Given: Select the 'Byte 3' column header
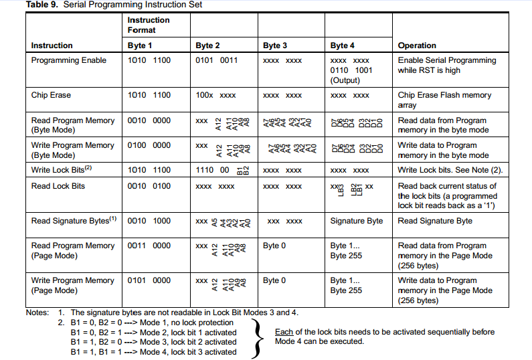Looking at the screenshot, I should [x=276, y=46].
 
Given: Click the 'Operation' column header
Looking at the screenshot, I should [x=417, y=46].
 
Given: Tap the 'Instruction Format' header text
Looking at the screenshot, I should [x=149, y=25].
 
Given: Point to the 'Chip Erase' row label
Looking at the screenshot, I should [x=51, y=95].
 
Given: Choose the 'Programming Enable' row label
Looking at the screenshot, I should [x=69, y=60].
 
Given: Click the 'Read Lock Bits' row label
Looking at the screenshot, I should [x=58, y=186].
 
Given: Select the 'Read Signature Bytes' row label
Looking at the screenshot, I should [x=74, y=220].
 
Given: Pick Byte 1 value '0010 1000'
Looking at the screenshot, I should [x=149, y=221].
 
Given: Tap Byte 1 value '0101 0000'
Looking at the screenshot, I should [x=149, y=280].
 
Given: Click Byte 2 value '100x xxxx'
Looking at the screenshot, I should [x=215, y=95].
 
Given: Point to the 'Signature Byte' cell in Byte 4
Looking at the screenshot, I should [x=357, y=221].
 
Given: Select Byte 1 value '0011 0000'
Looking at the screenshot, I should [x=149, y=246].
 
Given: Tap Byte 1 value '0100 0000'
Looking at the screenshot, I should [x=149, y=145].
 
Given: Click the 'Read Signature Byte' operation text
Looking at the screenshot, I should [x=435, y=221].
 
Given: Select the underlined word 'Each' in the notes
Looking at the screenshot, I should [x=284, y=332].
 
